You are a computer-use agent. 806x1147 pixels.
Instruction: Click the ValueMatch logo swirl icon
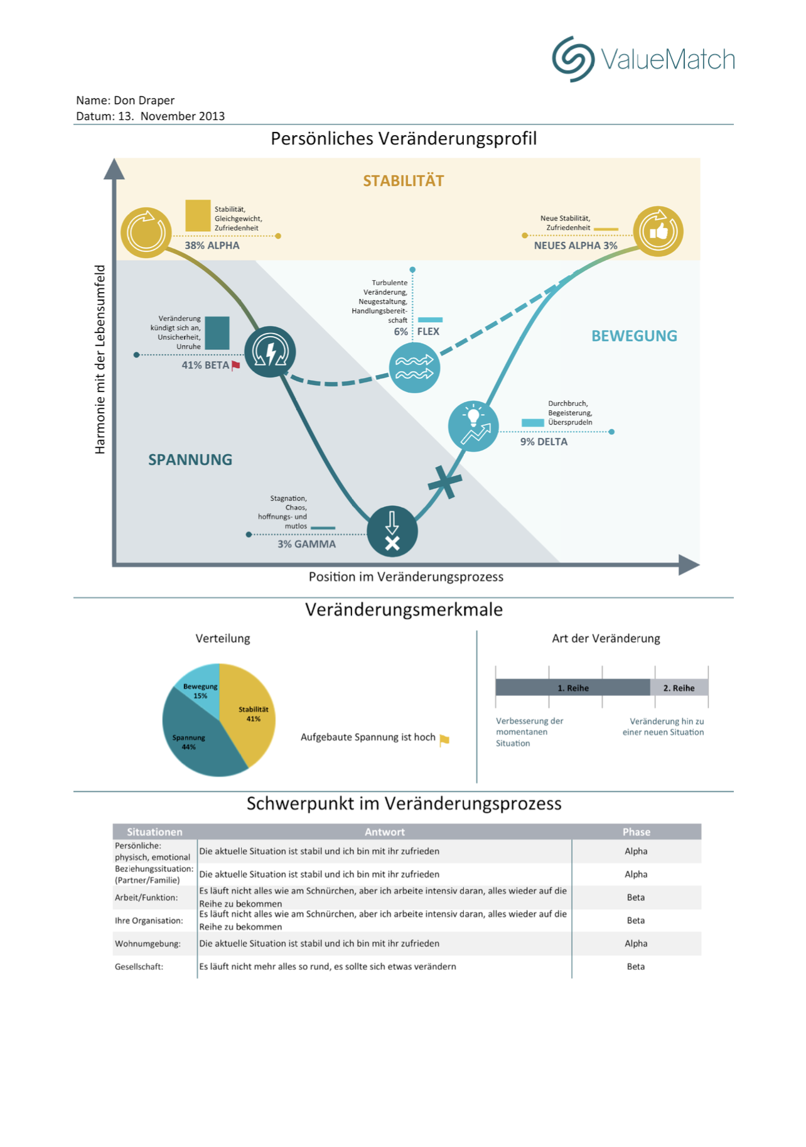572,59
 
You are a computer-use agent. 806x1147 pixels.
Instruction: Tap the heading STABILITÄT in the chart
403,181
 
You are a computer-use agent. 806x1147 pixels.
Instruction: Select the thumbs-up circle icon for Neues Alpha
657,231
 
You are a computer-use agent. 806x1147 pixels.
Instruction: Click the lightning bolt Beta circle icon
270,352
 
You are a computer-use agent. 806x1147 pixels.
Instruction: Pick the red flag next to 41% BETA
236,366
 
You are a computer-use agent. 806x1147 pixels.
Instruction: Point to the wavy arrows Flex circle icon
414,367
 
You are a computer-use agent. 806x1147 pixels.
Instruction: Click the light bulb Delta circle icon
473,426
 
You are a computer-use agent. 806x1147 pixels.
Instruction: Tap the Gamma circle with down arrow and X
392,531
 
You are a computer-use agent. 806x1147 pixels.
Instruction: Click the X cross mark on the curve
445,482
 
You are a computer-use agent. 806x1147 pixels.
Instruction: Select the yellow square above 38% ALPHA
198,215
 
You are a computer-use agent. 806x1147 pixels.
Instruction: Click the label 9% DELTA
544,442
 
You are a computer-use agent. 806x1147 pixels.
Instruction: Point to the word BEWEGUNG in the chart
634,336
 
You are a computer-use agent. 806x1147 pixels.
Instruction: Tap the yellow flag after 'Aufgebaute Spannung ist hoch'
444,740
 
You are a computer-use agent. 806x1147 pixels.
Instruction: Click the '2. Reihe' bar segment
679,688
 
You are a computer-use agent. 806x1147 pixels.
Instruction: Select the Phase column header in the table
636,832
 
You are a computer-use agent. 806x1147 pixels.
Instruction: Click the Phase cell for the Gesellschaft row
635,966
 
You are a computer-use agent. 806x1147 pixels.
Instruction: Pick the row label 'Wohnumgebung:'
148,943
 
